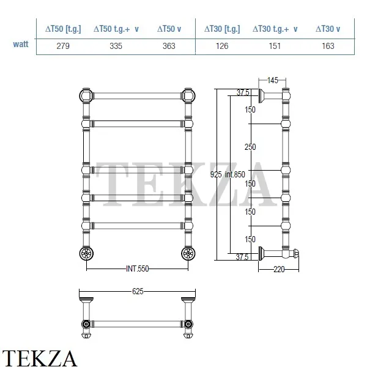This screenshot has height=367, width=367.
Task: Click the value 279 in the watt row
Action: pyautogui.click(x=63, y=46)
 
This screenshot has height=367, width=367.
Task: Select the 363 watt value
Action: pyautogui.click(x=169, y=46)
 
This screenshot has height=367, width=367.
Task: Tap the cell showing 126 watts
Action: pyautogui.click(x=222, y=46)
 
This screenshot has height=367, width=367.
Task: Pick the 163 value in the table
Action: pyautogui.click(x=328, y=46)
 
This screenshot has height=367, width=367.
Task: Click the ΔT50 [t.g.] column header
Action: pyautogui.click(x=63, y=29)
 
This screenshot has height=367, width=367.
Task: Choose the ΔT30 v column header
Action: pyautogui.click(x=328, y=29)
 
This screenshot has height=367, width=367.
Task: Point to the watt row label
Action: pyautogui.click(x=21, y=44)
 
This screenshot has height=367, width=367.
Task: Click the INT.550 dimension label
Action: pyautogui.click(x=138, y=269)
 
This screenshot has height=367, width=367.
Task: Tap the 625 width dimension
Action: pyautogui.click(x=138, y=291)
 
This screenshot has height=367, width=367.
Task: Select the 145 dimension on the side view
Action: pyautogui.click(x=273, y=80)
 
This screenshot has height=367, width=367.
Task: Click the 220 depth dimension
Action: pyautogui.click(x=279, y=269)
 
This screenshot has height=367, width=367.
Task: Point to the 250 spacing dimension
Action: pyautogui.click(x=250, y=147)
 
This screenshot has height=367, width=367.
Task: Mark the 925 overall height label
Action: pyautogui.click(x=216, y=174)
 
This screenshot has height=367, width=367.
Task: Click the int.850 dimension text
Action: pyautogui.click(x=235, y=174)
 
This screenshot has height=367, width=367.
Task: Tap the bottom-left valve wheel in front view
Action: pyautogui.click(x=86, y=253)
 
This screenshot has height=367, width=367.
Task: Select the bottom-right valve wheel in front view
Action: pyautogui.click(x=188, y=253)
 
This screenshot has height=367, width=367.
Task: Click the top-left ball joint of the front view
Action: pyautogui.click(x=86, y=96)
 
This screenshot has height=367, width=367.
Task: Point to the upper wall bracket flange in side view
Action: pyautogui.click(x=261, y=96)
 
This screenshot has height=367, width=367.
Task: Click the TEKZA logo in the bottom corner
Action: pyautogui.click(x=39, y=358)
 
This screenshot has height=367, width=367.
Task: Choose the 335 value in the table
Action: pyautogui.click(x=116, y=46)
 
